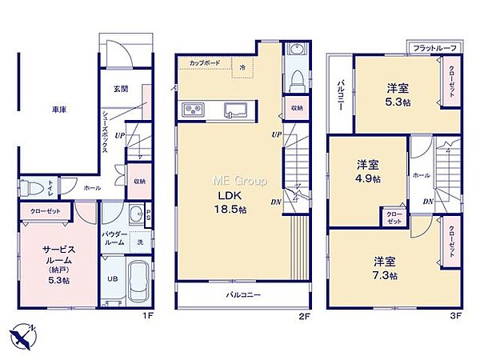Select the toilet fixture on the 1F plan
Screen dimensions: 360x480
coord(32,189)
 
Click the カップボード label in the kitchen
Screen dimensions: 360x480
coord(205,62)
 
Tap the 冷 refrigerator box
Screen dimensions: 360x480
coord(242,68)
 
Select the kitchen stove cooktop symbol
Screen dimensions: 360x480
coord(194,109)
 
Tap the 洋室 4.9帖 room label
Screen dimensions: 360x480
coord(369,170)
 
